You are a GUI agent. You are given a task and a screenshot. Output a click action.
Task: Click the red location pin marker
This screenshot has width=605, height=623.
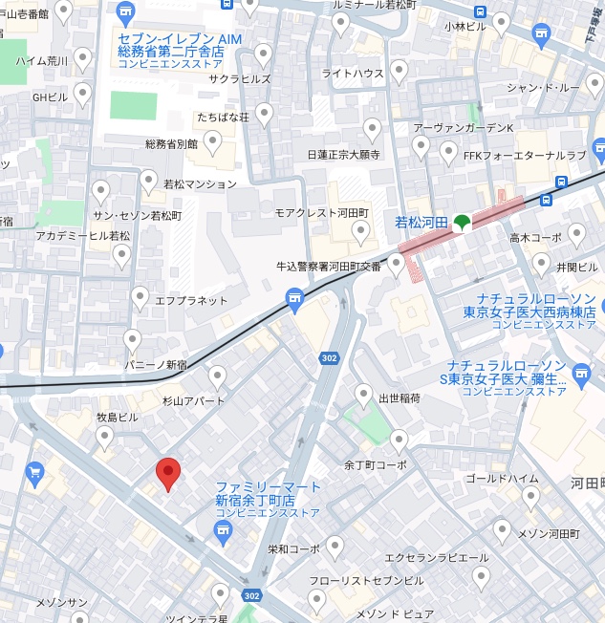(168, 473)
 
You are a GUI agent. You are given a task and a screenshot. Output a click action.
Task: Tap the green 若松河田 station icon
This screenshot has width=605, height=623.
(461, 223)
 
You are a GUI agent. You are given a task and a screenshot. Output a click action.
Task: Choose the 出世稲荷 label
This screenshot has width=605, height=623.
(400, 397)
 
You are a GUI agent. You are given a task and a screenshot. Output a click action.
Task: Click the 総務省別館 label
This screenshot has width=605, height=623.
(171, 144)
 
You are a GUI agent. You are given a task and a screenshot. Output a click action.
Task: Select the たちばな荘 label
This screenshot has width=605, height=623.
(223, 117)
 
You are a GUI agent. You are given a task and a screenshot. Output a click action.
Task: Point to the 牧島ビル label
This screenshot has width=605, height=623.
(117, 418)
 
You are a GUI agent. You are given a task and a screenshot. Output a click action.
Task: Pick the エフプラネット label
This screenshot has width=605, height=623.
(191, 300)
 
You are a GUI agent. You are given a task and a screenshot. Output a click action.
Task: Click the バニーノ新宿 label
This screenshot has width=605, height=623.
(156, 364)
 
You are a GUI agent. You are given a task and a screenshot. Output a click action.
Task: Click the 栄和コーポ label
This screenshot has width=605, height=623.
(293, 549)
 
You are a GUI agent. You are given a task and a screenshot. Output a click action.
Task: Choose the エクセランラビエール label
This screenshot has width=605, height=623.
(436, 558)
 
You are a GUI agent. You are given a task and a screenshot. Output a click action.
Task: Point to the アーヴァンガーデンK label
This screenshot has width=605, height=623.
(464, 128)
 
